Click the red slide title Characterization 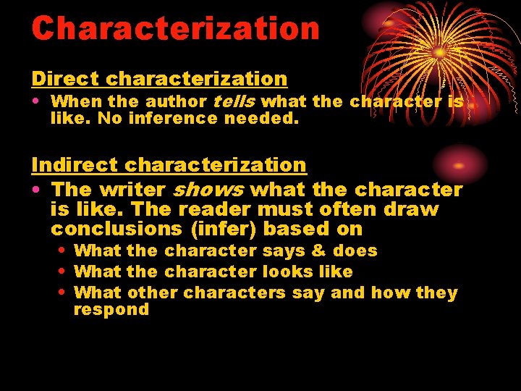point(175,28)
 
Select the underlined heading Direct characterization point(159,78)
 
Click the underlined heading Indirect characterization point(169,165)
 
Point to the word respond point(111,310)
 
